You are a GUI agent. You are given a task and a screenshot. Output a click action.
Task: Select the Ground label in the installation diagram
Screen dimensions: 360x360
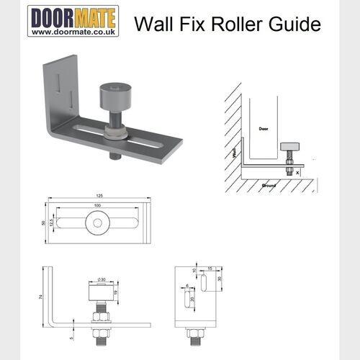269,184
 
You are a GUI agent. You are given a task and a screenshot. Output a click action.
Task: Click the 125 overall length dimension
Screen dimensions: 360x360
98,196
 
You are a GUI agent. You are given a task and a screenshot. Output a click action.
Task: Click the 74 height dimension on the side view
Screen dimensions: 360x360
40,297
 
